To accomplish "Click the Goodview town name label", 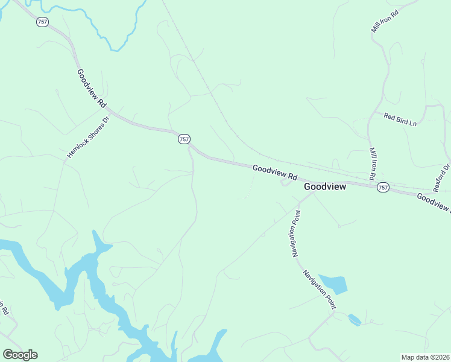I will pyautogui.click(x=325, y=187).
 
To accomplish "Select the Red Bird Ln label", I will pyautogui.click(x=400, y=119).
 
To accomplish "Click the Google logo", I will pyautogui.click(x=20, y=355).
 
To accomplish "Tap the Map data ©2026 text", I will pyautogui.click(x=425, y=357).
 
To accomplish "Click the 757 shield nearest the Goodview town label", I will pyautogui.click(x=383, y=188).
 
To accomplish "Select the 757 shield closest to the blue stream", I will pyautogui.click(x=42, y=22).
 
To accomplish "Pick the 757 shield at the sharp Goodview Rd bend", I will pyautogui.click(x=184, y=139).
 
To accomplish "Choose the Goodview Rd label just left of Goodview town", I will pyautogui.click(x=275, y=173).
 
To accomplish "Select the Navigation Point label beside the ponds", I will pyautogui.click(x=319, y=289).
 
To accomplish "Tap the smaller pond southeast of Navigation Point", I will pyautogui.click(x=355, y=319).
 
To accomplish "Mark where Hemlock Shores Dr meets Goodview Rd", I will pyautogui.click(x=109, y=111).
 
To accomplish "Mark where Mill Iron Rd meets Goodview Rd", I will pyautogui.click(x=369, y=182).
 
